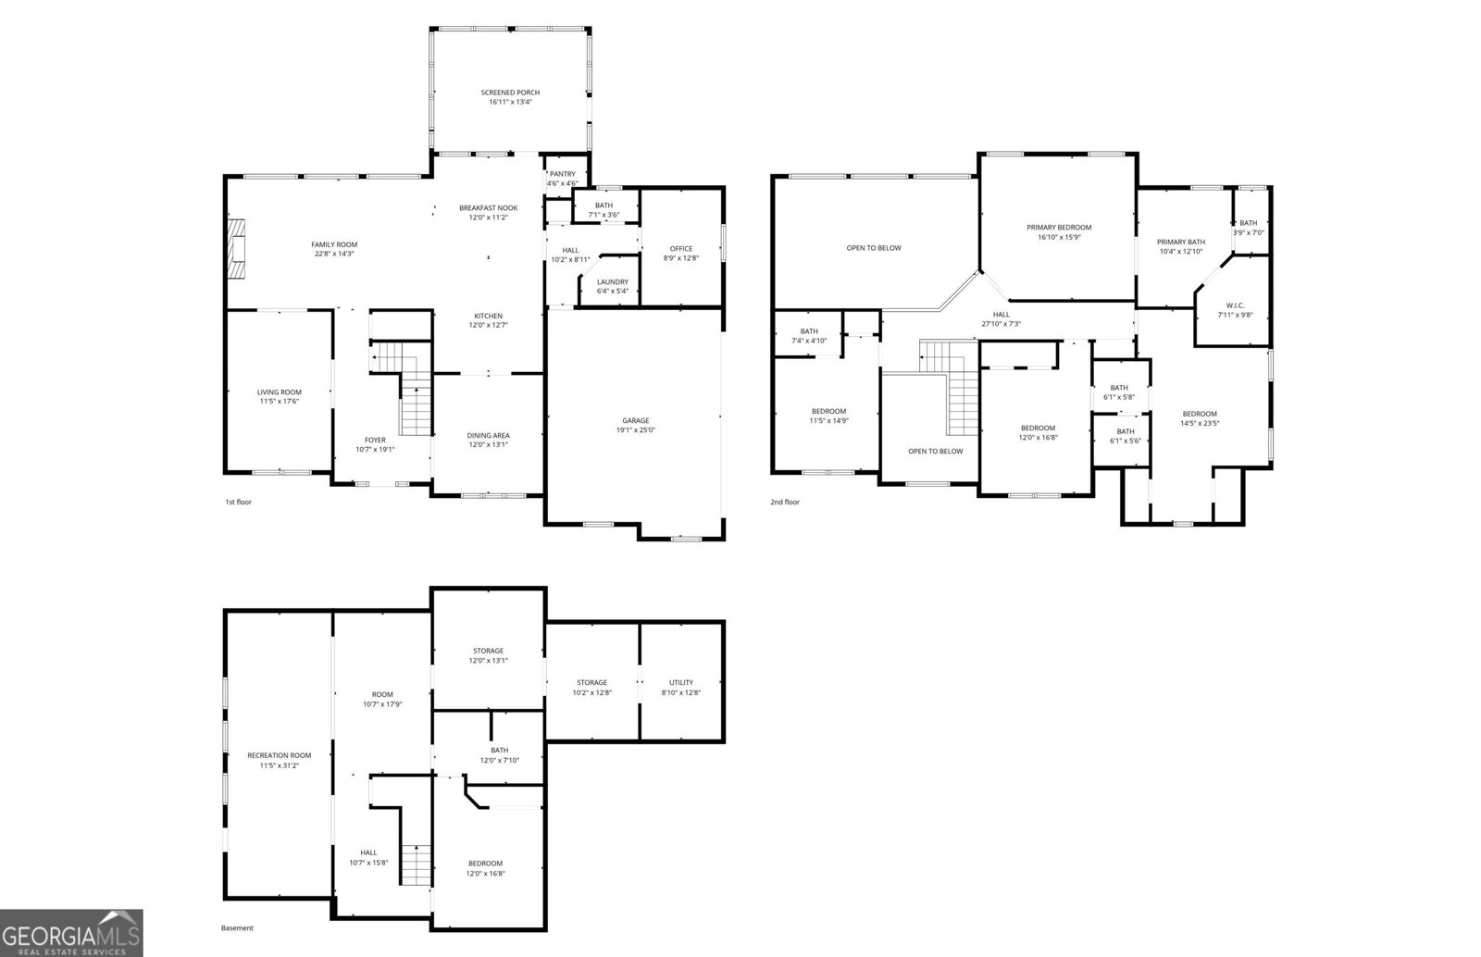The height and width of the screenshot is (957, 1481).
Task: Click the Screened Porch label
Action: pos(510,93)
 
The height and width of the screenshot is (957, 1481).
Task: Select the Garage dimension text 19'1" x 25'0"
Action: pos(636,430)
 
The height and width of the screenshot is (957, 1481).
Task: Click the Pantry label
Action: pos(562,174)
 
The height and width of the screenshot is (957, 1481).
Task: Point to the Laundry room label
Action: pos(613,282)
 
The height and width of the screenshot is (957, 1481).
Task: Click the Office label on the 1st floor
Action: pos(681,249)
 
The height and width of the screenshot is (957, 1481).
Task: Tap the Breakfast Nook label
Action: pos(489,208)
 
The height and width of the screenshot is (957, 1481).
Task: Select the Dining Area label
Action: pos(488,436)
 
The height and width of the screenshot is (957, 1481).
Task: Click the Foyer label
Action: pos(375,441)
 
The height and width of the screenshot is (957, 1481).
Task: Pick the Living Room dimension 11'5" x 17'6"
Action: pos(279,402)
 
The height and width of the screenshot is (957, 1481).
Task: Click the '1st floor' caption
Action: pos(238,503)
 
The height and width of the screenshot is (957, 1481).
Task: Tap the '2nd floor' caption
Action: pos(785,503)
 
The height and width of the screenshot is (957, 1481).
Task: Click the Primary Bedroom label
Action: pos(1059,228)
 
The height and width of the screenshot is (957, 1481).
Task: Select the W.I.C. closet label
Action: pos(1235,305)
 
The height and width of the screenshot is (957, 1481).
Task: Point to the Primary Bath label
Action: pos(1181,242)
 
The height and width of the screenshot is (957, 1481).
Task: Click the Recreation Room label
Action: pos(279,756)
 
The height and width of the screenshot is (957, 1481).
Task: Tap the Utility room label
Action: pos(681,683)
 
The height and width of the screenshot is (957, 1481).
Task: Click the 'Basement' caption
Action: pos(237,928)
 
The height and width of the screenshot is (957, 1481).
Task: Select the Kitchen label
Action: pos(489,317)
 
